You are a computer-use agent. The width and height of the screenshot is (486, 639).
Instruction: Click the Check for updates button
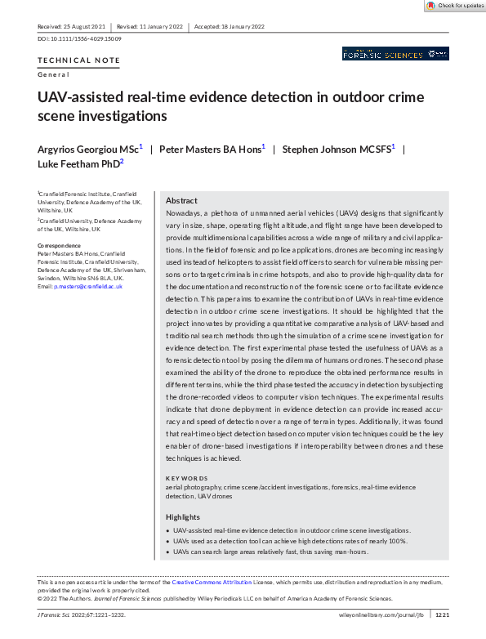point(454,6)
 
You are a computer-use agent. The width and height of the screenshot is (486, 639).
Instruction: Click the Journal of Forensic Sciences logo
point(395,54)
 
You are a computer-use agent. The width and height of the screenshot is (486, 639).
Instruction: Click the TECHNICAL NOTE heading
point(78,60)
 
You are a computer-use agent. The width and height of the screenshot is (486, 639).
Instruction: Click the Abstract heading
point(181,200)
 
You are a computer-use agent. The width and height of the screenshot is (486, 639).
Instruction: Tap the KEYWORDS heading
point(187,478)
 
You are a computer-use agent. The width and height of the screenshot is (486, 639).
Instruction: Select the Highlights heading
point(183,517)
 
